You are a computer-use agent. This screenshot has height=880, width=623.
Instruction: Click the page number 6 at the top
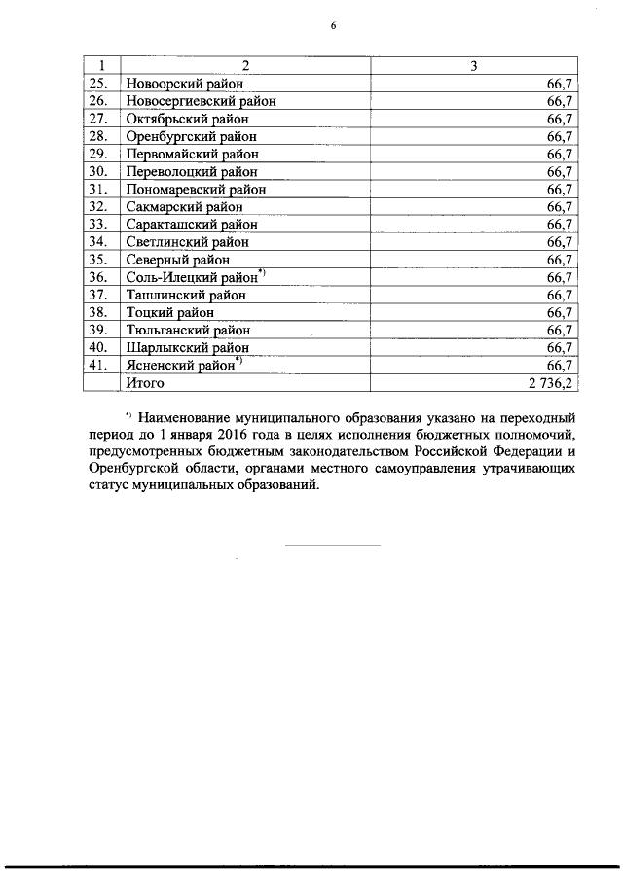333,27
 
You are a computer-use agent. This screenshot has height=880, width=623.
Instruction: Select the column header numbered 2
245,66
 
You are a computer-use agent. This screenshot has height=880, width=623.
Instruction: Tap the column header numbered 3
473,66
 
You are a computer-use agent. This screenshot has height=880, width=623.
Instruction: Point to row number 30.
97,171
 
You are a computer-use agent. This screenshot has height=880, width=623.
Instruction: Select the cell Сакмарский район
184,206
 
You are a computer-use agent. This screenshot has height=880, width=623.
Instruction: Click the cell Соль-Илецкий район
191,277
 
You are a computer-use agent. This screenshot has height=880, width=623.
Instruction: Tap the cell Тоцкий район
169,312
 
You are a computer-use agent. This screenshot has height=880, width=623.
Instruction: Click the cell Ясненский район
181,365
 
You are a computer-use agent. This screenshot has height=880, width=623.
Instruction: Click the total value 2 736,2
550,383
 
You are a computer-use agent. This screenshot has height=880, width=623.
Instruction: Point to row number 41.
97,365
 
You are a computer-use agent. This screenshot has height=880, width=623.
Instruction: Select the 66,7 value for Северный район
559,260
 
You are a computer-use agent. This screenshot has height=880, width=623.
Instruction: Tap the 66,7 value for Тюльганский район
559,330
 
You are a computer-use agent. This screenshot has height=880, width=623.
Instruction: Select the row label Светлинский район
187,241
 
